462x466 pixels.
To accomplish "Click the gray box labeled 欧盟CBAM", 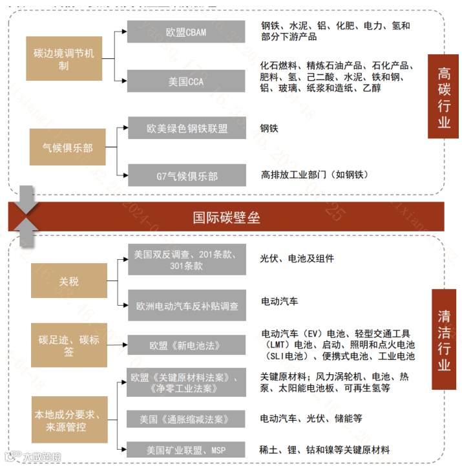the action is click(186, 32).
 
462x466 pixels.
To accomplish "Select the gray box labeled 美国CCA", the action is click(186, 81).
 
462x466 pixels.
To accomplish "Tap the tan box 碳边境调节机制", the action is click(63, 59).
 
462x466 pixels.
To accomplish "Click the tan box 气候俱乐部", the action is click(63, 148).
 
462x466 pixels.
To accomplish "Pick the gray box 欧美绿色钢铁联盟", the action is click(187, 129).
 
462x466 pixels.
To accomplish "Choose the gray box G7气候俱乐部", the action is click(187, 176).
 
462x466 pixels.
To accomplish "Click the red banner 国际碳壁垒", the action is click(226, 217).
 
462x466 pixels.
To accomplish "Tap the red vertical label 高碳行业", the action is click(443, 98).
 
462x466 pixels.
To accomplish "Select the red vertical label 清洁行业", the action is click(443, 340).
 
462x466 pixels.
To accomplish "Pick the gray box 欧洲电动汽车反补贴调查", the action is click(187, 306).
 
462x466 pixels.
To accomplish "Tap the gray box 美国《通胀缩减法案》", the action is click(187, 419).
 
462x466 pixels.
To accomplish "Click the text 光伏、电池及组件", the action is click(297, 259).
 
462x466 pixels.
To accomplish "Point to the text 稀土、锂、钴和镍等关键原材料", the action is click(325, 450).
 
